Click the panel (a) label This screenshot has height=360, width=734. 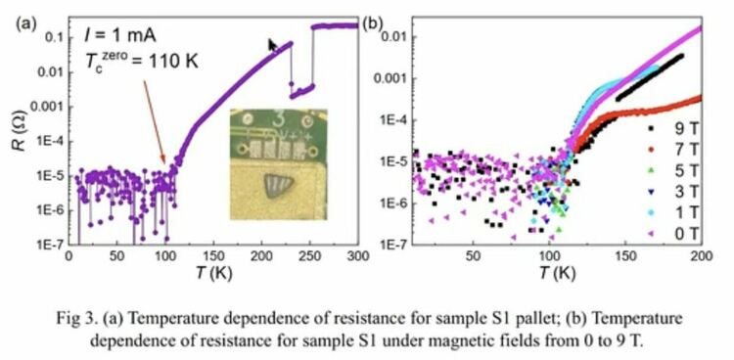click(x=25, y=24)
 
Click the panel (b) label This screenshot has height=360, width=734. click(x=374, y=24)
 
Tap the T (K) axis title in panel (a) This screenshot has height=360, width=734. click(x=213, y=272)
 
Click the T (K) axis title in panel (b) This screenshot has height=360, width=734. click(x=557, y=272)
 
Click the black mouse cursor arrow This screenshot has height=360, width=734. click(x=272, y=45)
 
